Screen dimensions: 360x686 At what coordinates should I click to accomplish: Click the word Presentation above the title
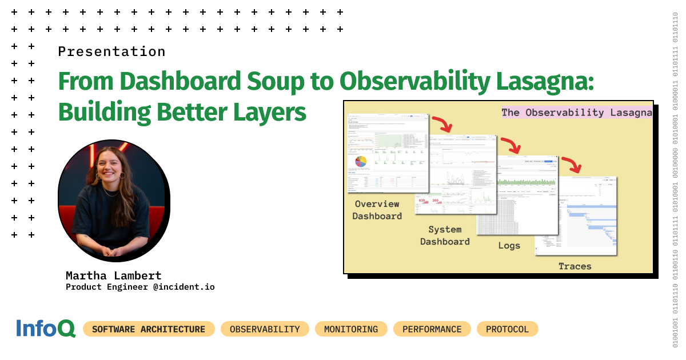coord(111,51)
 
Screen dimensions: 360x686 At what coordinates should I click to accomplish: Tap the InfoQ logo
coord(46,329)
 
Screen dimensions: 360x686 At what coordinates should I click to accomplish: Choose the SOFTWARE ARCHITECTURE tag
coord(149,329)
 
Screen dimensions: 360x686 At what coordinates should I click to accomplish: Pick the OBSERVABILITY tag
coord(265,329)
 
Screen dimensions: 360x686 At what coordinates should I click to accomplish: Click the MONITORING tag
coord(351,329)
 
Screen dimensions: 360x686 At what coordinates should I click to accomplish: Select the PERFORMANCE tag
coord(432,329)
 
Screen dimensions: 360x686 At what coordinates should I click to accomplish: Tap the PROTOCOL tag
coord(507,329)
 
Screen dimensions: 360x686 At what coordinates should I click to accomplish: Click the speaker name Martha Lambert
coord(114,275)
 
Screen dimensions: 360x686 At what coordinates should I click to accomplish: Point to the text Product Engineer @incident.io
coord(140,287)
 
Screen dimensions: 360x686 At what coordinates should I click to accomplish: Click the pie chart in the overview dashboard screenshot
coord(361,161)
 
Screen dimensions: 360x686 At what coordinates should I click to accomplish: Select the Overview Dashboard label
coord(377,210)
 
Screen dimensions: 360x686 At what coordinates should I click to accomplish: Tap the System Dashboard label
coord(445,235)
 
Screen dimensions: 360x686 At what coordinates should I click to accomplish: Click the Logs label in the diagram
coord(509,246)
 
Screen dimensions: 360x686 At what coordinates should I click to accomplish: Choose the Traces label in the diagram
coord(575,266)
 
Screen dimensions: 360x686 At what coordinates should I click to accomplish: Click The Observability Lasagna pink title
coord(576,113)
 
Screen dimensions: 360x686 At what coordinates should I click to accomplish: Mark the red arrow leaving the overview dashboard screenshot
coord(441,123)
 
